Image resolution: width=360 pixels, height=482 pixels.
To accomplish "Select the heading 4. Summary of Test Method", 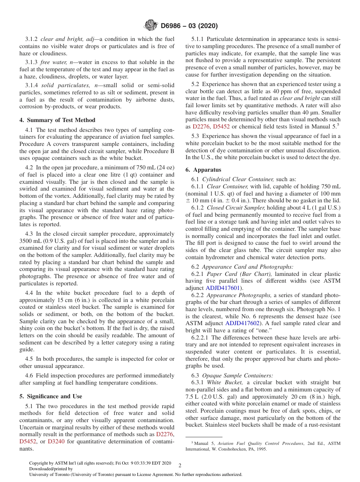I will (x=57, y=120).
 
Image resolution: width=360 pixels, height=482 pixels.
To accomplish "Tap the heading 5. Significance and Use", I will (x=50, y=396).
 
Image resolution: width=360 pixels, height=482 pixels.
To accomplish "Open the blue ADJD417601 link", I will (x=222, y=288).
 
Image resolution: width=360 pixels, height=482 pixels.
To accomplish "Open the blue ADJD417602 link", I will (x=242, y=323).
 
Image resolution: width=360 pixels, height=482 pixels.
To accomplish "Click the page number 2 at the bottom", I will (x=180, y=466).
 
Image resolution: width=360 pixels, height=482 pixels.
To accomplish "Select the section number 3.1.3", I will (x=32, y=62).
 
